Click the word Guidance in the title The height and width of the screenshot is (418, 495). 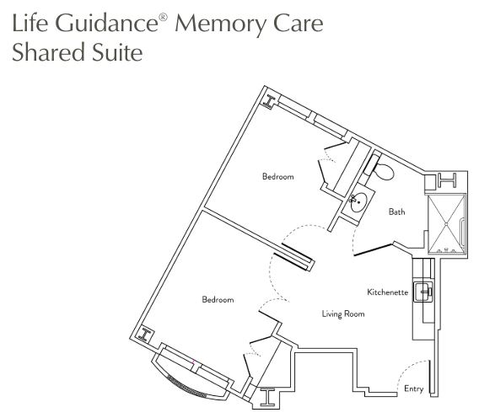[107, 23]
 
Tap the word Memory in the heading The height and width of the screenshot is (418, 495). [218, 24]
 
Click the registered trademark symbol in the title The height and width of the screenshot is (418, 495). [163, 17]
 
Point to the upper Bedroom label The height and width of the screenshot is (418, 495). [277, 176]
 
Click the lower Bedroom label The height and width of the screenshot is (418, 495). [218, 299]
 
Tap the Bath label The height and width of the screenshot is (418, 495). [396, 212]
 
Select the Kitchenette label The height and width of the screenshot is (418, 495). [387, 292]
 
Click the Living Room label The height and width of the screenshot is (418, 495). [343, 313]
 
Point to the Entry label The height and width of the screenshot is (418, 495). [413, 389]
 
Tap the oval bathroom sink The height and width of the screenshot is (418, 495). [358, 202]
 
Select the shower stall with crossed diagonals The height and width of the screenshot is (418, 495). [446, 223]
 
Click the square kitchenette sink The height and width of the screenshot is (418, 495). [423, 292]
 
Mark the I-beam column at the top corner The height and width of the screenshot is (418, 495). [269, 102]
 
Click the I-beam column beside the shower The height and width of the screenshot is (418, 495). [447, 180]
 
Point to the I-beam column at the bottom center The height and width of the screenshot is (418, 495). [267, 398]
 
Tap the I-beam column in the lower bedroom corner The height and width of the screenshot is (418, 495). [144, 335]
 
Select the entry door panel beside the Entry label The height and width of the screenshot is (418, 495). [430, 377]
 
